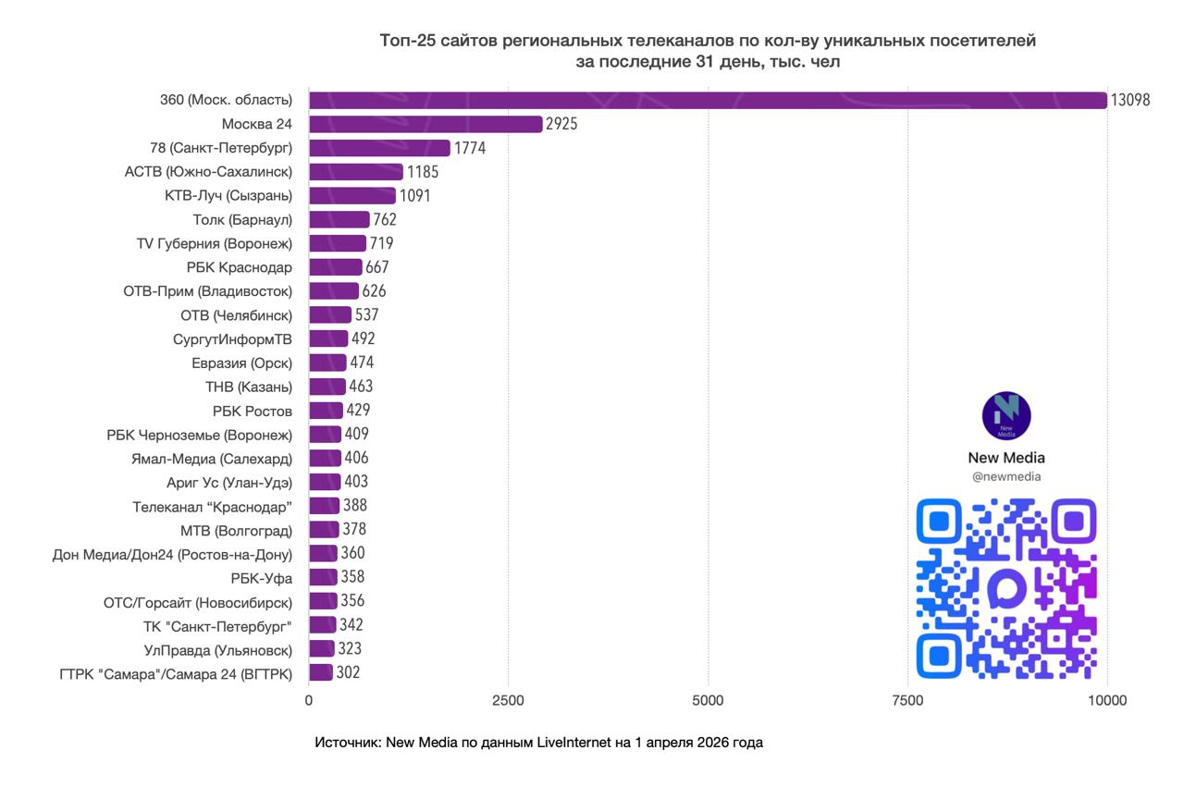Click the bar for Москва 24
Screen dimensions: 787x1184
[x=425, y=124]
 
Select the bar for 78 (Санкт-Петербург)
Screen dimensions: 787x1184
[x=379, y=148]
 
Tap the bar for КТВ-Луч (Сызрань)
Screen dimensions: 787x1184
[x=352, y=195]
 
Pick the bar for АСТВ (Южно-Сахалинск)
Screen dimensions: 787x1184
[x=356, y=172]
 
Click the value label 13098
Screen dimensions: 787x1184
[x=1130, y=100]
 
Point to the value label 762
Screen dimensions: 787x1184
[x=386, y=219]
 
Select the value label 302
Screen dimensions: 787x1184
[x=348, y=672]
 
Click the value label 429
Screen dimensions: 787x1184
[x=358, y=410]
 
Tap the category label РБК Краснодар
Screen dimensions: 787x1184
[x=239, y=267]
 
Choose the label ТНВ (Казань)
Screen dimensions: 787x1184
[x=248, y=387]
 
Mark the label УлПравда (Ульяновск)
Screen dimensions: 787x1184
[x=218, y=649]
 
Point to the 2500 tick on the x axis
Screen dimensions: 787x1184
[x=508, y=701]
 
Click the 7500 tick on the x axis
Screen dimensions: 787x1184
[x=907, y=701]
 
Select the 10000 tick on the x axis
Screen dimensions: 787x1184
[x=1106, y=701]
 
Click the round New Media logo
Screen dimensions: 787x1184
[x=1006, y=416]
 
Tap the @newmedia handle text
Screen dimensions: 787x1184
[x=1006, y=476]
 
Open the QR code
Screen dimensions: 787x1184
[x=1006, y=588]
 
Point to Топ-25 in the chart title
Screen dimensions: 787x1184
[x=408, y=41]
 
